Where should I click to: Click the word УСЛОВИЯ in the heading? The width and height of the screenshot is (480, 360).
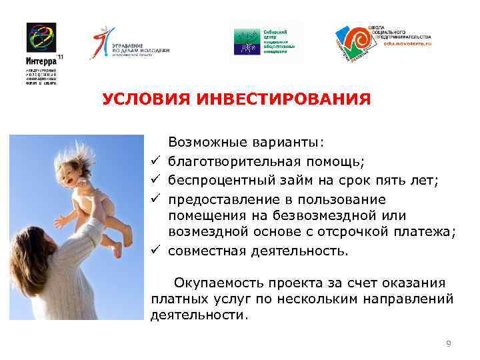[x=144, y=100]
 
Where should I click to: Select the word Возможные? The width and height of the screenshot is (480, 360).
[x=207, y=142]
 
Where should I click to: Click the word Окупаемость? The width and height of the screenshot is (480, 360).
[x=213, y=283]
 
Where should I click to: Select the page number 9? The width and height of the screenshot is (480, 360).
[x=449, y=343]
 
